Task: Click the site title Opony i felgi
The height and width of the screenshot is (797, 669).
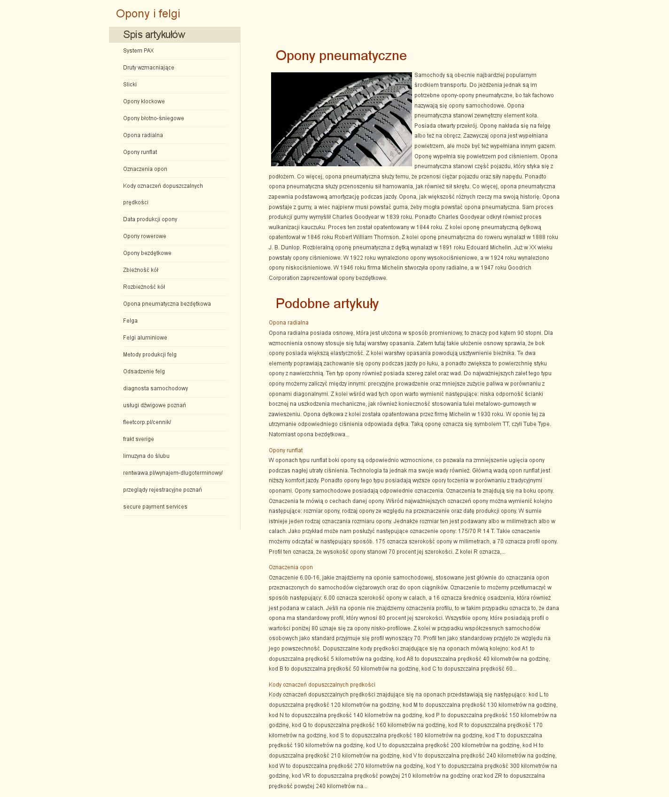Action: tap(148, 14)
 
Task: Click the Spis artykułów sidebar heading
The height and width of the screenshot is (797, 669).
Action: tap(154, 35)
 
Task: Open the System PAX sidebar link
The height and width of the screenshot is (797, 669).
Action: tap(139, 51)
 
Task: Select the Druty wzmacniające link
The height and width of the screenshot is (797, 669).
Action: tap(148, 68)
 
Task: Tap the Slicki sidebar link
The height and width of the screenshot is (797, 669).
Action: tap(130, 85)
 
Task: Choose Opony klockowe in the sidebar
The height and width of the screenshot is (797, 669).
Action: tap(144, 101)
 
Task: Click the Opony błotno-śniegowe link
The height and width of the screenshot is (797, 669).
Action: tap(154, 118)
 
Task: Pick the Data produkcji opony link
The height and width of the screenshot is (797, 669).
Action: tap(150, 219)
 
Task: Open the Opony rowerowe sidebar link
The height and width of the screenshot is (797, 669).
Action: tap(145, 236)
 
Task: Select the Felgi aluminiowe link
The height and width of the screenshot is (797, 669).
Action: tap(145, 338)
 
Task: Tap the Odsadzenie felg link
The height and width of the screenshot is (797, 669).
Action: tap(144, 371)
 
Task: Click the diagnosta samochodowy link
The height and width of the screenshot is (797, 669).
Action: tap(156, 388)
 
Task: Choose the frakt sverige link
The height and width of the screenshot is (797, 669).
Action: tap(139, 439)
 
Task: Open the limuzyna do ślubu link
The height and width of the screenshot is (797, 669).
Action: tap(146, 456)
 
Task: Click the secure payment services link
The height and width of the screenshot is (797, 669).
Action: tap(155, 507)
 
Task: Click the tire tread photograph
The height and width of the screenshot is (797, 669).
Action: tap(342, 119)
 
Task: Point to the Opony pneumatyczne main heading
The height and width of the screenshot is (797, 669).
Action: tap(341, 56)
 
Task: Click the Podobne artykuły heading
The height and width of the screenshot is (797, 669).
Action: tap(327, 304)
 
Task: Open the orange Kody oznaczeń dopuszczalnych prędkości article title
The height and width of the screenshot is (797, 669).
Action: tap(322, 685)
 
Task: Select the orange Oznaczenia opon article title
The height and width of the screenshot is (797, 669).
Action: tap(291, 567)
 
